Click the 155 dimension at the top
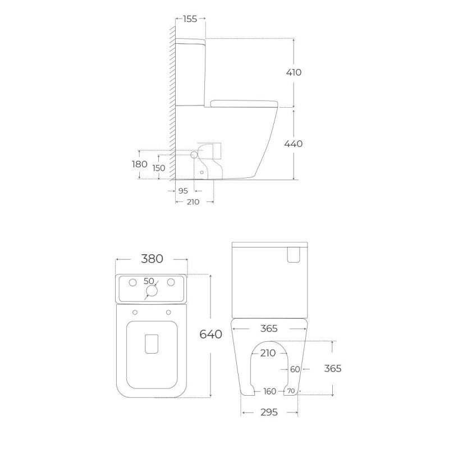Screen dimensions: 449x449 tap(190, 19)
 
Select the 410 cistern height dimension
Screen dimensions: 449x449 tap(294, 72)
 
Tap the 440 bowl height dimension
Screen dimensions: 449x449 tap(294, 144)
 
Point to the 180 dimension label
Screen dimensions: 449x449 tap(139, 164)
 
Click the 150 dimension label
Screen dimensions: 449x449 tap(159, 168)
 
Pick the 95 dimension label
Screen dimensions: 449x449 tap(183, 191)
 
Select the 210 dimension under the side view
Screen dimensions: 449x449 tap(193, 202)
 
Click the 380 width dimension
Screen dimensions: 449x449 tap(152, 259)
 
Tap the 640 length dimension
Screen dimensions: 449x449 tap(211, 334)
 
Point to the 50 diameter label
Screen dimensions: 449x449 tap(149, 281)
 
